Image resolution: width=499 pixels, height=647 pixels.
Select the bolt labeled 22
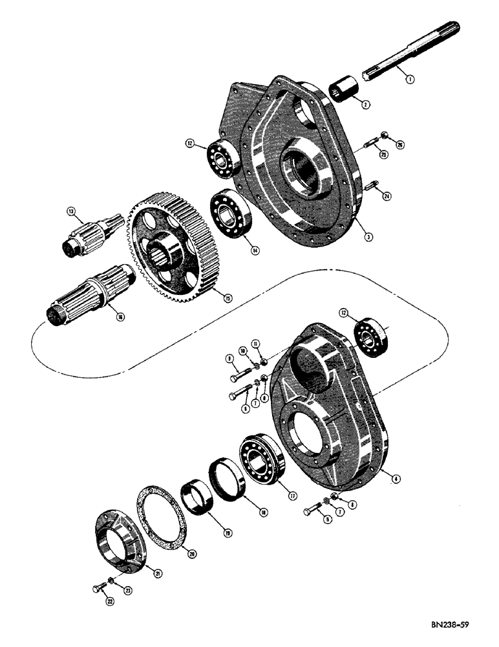pos(100,591)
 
